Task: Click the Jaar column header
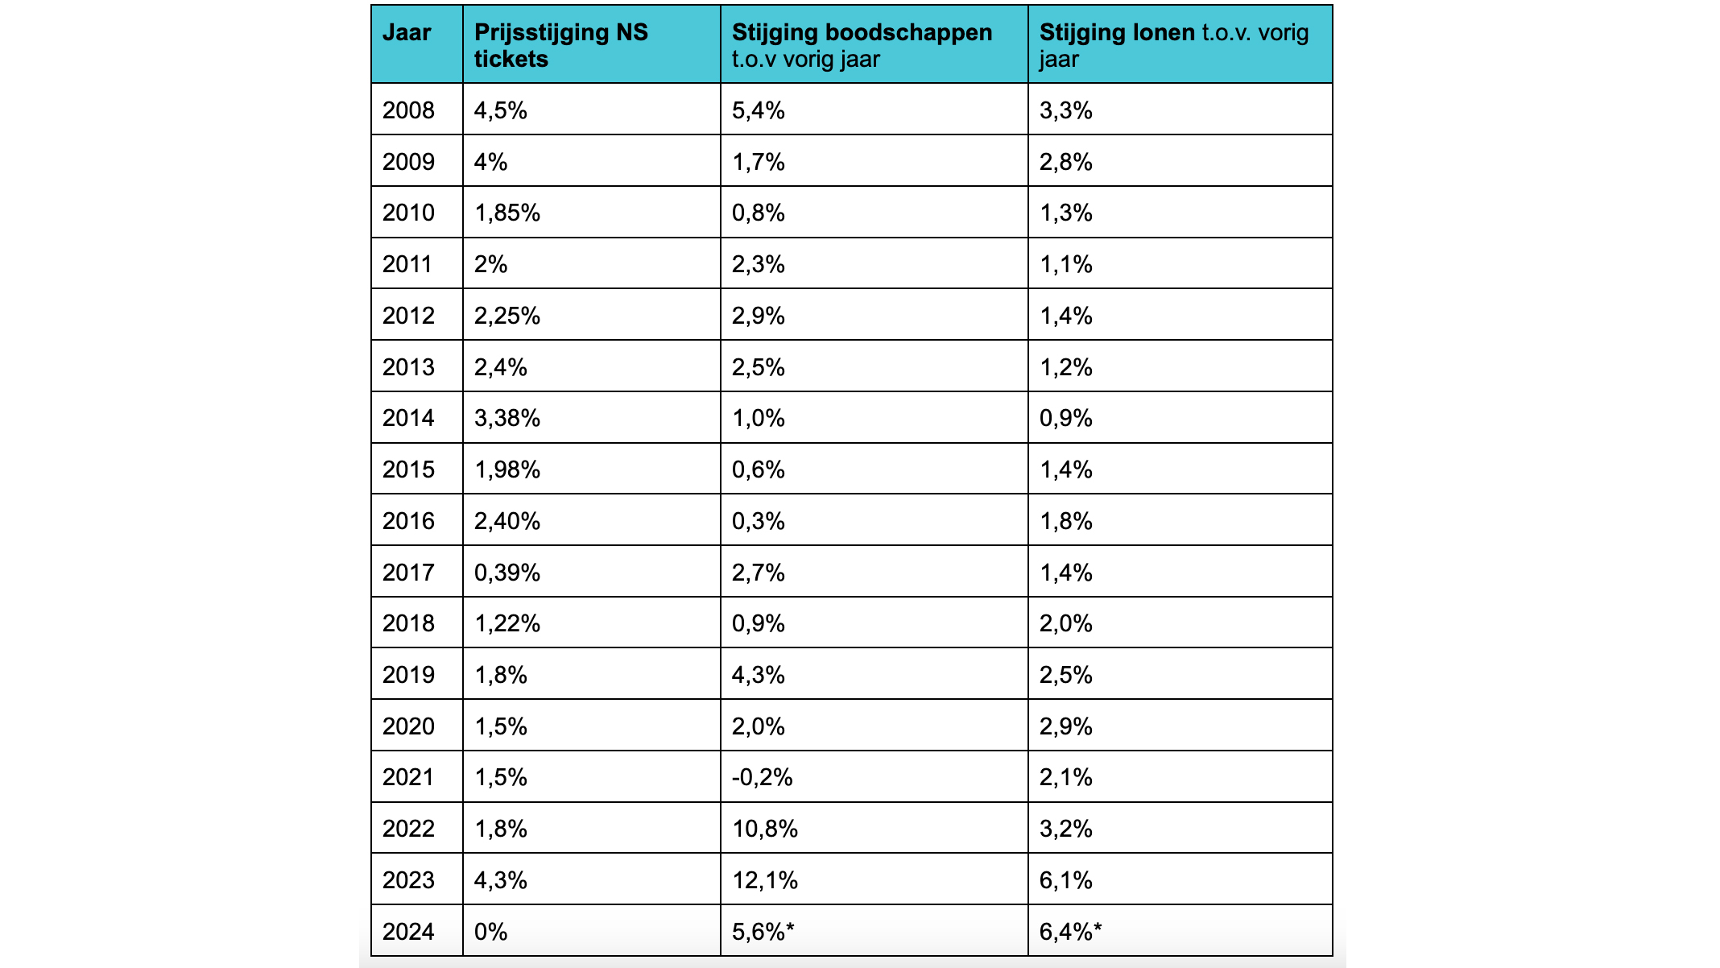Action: pyautogui.click(x=407, y=33)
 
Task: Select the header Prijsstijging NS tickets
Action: pyautogui.click(x=561, y=45)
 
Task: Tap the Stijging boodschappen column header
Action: pyautogui.click(x=862, y=45)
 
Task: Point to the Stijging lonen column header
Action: pyautogui.click(x=1174, y=45)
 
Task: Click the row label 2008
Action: pyautogui.click(x=408, y=110)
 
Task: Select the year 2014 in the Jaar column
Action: pyautogui.click(x=408, y=418)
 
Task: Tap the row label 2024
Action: pyautogui.click(x=408, y=932)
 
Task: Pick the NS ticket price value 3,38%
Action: pyautogui.click(x=507, y=418)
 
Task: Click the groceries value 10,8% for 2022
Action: pyautogui.click(x=765, y=829)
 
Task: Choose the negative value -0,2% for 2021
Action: pyautogui.click(x=763, y=777)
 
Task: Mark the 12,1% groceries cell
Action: pyautogui.click(x=765, y=880)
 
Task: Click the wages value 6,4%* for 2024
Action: pyautogui.click(x=1071, y=932)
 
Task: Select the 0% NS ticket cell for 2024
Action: pyautogui.click(x=491, y=932)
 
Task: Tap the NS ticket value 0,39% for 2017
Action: pyautogui.click(x=507, y=573)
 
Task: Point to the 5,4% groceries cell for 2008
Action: pyautogui.click(x=759, y=110)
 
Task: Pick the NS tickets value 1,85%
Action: pyautogui.click(x=507, y=213)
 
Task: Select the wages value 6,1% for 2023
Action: pyautogui.click(x=1066, y=880)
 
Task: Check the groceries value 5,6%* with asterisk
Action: pyautogui.click(x=763, y=932)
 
